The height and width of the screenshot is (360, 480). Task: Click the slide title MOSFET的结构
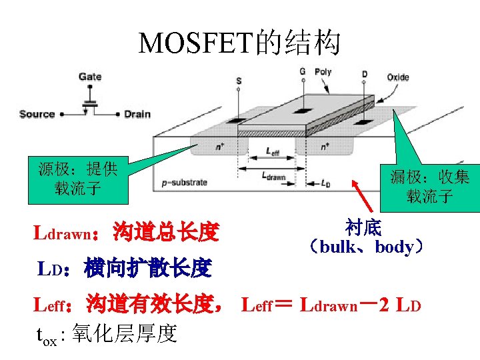click(239, 43)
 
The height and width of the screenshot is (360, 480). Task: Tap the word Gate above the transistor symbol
click(90, 77)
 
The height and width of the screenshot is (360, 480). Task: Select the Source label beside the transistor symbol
click(37, 114)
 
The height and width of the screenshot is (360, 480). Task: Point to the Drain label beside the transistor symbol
click(137, 114)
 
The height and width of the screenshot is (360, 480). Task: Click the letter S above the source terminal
click(239, 81)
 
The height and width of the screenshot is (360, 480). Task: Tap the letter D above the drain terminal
click(364, 73)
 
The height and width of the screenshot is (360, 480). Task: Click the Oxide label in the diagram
click(398, 77)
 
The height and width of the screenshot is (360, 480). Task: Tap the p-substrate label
click(185, 182)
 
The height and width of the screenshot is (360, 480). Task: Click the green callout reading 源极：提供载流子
click(78, 179)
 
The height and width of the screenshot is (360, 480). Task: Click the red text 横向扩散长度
click(147, 269)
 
